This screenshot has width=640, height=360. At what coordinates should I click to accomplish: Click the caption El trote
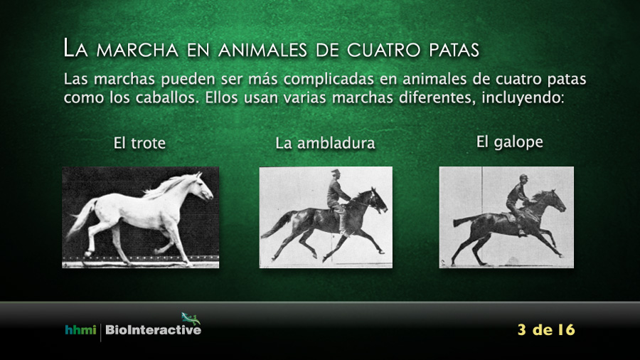click(x=139, y=143)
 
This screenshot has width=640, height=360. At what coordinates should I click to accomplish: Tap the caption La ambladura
click(x=325, y=143)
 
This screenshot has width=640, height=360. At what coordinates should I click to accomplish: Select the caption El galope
click(x=510, y=142)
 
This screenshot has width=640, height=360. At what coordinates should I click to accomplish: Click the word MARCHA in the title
click(x=137, y=50)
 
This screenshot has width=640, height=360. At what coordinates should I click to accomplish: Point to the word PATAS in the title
click(x=454, y=50)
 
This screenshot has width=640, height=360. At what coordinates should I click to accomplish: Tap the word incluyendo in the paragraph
click(x=523, y=98)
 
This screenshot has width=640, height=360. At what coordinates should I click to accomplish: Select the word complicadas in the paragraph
click(x=329, y=79)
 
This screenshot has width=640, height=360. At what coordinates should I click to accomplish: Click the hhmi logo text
click(x=80, y=330)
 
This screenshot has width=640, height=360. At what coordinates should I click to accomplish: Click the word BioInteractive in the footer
click(x=154, y=330)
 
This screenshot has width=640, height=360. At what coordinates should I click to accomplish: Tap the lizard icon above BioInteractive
click(x=191, y=318)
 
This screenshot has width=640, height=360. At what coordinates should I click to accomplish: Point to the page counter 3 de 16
click(x=546, y=330)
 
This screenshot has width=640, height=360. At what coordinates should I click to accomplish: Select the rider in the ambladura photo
click(x=337, y=200)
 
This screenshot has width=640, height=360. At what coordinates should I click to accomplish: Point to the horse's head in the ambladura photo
click(x=376, y=201)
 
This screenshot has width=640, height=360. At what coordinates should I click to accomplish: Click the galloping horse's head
click(x=555, y=201)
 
